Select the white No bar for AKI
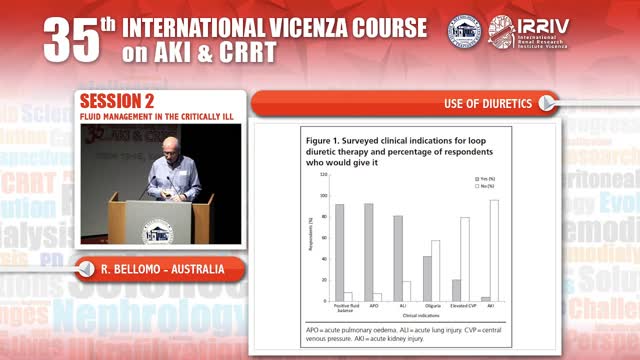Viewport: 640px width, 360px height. (494, 250)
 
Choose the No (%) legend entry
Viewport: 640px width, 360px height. (483, 186)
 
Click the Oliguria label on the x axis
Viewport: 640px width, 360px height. (431, 306)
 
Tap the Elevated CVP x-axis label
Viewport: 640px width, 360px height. (460, 306)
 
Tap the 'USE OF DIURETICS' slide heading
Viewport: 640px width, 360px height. (488, 103)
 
